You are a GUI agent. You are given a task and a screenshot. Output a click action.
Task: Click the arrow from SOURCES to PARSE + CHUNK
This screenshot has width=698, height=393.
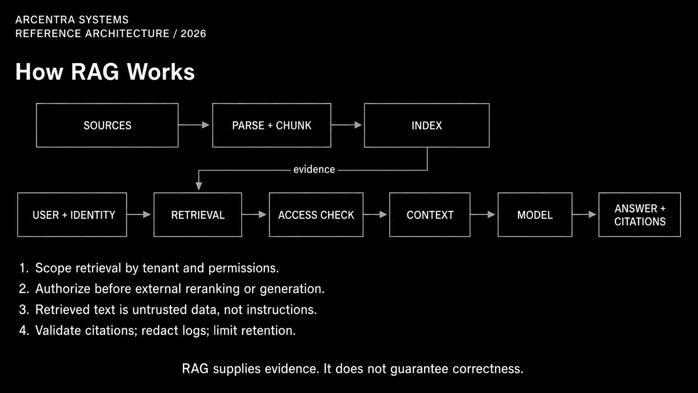tap(194, 125)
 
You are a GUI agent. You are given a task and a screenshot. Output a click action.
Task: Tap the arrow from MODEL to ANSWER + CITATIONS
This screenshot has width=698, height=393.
tap(584, 214)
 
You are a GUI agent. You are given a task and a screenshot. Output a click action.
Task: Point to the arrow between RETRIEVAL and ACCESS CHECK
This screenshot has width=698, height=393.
tap(254, 214)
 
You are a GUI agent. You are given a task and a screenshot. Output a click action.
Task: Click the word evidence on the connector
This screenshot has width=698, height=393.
tap(314, 170)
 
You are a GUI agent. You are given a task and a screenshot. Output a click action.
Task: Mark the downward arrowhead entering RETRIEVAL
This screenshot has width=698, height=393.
tap(198, 186)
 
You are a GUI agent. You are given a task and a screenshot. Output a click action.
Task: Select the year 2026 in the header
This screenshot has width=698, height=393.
tap(193, 34)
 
